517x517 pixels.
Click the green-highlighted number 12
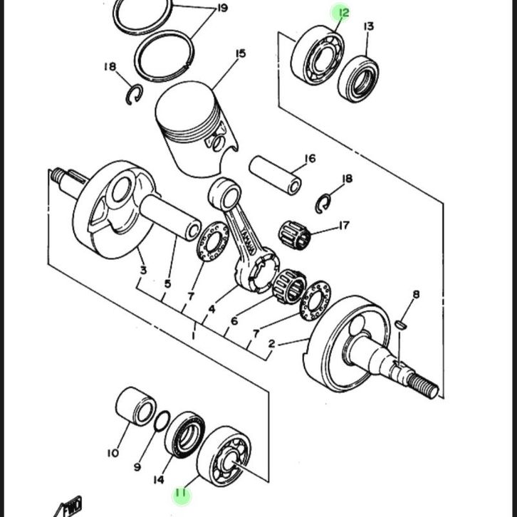(x=343, y=13)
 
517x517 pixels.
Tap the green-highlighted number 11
(x=181, y=493)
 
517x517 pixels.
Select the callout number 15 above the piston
(x=241, y=53)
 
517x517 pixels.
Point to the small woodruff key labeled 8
(x=401, y=325)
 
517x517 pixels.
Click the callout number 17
(x=343, y=226)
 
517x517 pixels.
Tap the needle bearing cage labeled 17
(x=294, y=235)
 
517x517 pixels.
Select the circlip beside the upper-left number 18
(x=135, y=95)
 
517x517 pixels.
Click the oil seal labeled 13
(x=358, y=79)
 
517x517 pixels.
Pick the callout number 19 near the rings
(x=223, y=8)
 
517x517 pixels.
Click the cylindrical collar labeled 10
(x=136, y=406)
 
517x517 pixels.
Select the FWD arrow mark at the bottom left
(x=69, y=507)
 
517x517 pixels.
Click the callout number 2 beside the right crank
(x=271, y=344)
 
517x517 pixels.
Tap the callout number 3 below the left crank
(x=143, y=271)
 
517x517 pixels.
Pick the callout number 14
(x=159, y=480)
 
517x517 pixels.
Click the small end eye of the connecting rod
(x=225, y=194)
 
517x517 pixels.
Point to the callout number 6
(x=234, y=321)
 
